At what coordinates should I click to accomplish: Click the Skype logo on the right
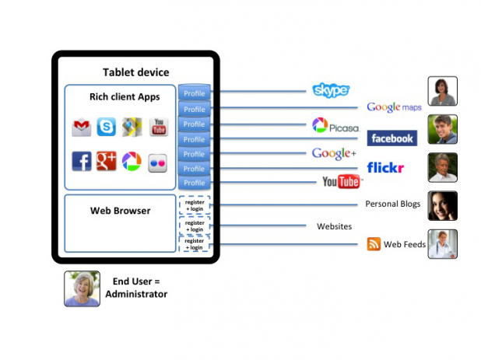coord(330,90)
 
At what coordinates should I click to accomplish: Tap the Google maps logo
coord(394,107)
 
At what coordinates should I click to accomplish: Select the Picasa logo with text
coord(335,125)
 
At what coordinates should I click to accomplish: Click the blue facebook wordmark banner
coord(391,138)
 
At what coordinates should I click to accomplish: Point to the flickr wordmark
coord(384,167)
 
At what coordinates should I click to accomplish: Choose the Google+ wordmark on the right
coord(334,153)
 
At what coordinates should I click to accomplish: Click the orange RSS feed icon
coord(374,244)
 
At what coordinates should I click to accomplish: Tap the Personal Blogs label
coord(393,204)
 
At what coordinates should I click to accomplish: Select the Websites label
coord(334,226)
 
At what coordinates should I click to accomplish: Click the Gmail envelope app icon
coord(82,128)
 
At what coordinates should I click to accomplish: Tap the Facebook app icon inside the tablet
coord(82,161)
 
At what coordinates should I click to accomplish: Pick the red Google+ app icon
coord(106,161)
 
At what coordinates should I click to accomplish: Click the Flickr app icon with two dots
coord(158,162)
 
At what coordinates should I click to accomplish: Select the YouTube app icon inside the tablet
coord(158,127)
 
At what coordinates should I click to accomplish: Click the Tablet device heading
coord(135,72)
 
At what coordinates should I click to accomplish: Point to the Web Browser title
coord(120,210)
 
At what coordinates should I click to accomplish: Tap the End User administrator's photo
coord(82,288)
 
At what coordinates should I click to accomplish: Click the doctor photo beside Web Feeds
coord(442,243)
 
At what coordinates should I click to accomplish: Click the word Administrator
coord(136,294)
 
